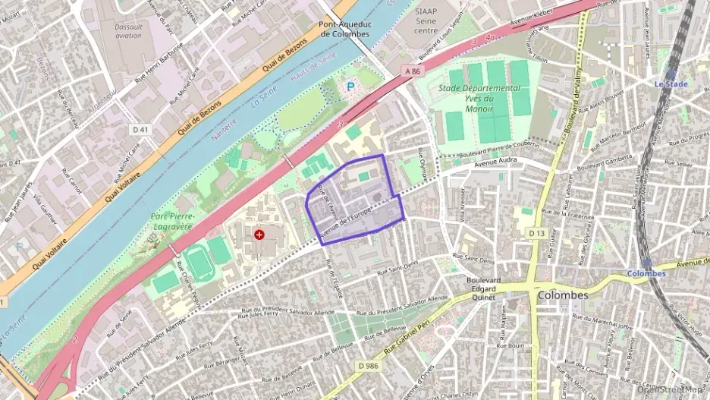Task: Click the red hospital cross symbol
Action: point(260,235)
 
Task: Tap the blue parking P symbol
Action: point(350,87)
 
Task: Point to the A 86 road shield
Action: point(412,71)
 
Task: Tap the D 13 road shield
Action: point(537,231)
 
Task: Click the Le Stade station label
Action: point(671,83)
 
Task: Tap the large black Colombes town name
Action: point(562,295)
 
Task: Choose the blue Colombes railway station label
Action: point(646,273)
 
